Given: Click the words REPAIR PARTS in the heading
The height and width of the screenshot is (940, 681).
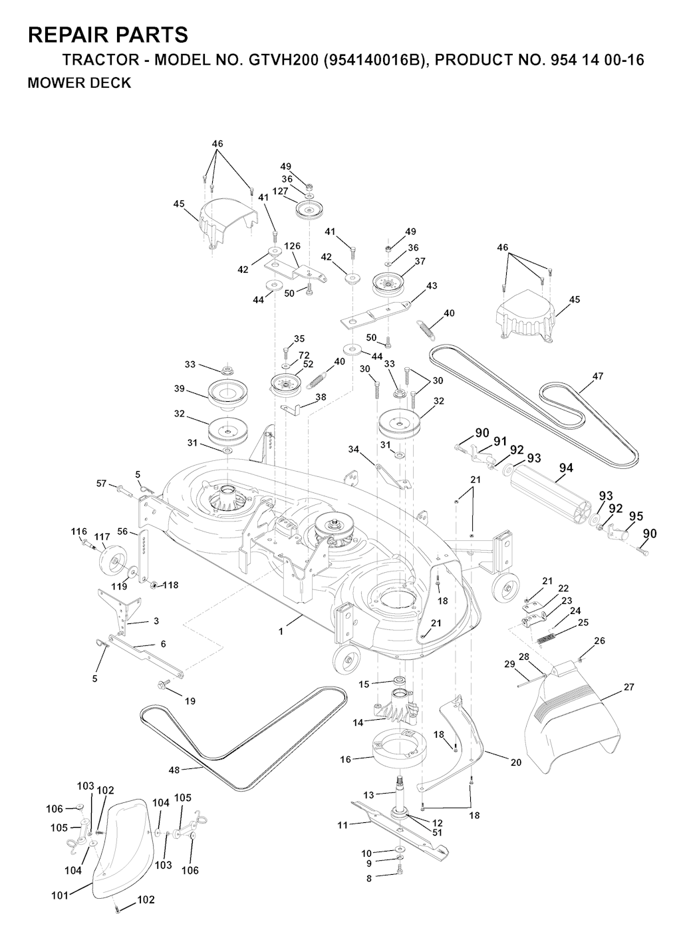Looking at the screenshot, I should coord(108,35).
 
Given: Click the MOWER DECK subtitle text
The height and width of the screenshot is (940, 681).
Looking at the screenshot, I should coord(79,83).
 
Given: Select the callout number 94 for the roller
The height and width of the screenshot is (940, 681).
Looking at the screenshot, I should coord(565,468).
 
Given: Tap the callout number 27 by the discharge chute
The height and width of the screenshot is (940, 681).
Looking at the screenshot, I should coord(628,688).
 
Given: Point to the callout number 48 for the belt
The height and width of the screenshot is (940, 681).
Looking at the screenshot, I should coord(174,770).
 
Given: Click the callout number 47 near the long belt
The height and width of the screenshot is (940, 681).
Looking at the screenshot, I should coord(597,377).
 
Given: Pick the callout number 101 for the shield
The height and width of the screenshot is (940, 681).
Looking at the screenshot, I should coord(60,895).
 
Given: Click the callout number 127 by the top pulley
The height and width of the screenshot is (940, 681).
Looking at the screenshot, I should coord(280,191).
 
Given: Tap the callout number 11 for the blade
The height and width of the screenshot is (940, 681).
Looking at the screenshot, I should coord(342,825).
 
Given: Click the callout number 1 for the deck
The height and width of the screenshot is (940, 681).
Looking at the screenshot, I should coord(281,631).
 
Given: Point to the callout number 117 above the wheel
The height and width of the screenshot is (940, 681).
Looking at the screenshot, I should coord(102,537).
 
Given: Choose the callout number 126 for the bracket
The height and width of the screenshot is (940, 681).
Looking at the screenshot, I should coord(293,246).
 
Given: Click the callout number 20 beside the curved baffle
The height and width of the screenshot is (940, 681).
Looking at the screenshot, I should coord(516,763).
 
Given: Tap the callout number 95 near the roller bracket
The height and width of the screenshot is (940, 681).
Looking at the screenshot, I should coord(636,516).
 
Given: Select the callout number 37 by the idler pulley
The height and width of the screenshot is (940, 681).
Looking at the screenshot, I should coord(420,261).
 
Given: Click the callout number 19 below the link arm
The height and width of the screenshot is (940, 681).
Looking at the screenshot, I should coord(190,701).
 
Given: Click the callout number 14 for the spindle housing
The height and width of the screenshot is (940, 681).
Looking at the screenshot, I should coord(358,721).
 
